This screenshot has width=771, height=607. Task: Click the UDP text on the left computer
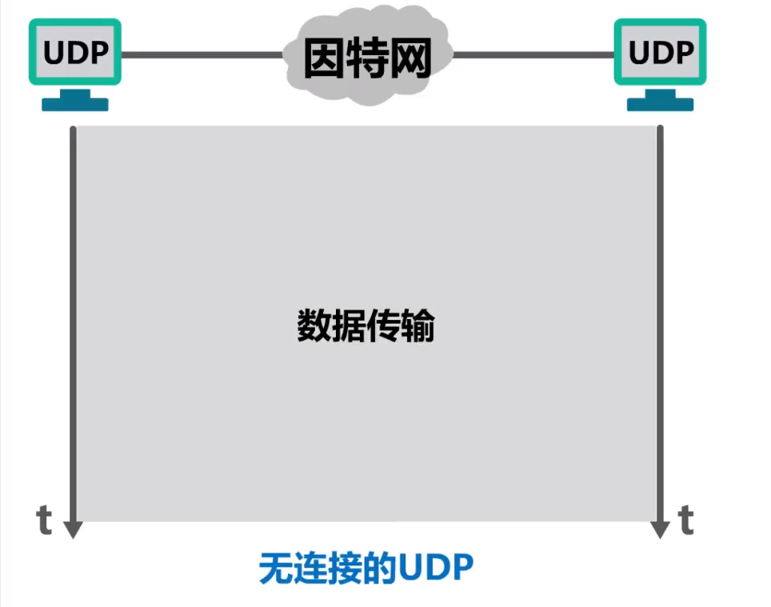click(75, 52)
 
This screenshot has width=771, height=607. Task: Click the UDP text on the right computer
click(661, 52)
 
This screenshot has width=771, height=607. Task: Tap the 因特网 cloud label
click(367, 58)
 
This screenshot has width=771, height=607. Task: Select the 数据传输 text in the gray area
click(366, 325)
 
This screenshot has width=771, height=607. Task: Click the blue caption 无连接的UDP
click(366, 569)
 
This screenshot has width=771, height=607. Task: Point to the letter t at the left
click(45, 520)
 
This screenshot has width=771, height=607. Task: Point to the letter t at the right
click(685, 520)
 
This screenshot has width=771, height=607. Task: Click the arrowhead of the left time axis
click(73, 529)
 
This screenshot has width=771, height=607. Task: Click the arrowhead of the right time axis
click(660, 529)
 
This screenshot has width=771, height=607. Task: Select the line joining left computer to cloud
click(200, 55)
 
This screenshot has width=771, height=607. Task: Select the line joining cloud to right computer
click(532, 55)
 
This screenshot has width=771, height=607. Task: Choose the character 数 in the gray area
click(314, 325)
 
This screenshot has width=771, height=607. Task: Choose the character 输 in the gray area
click(417, 325)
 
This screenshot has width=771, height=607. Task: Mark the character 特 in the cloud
click(367, 58)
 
